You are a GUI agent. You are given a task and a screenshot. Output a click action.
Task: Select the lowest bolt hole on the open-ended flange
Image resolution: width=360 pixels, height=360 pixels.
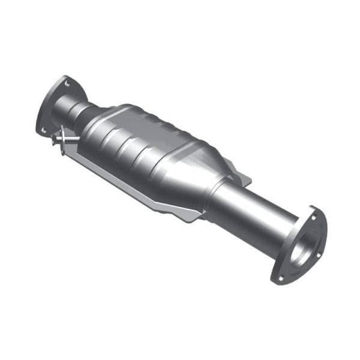point(278,277)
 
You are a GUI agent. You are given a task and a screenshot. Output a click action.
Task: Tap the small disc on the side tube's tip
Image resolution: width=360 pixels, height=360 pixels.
point(55,141)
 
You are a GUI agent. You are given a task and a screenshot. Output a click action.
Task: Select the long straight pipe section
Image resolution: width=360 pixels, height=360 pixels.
point(252,210)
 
